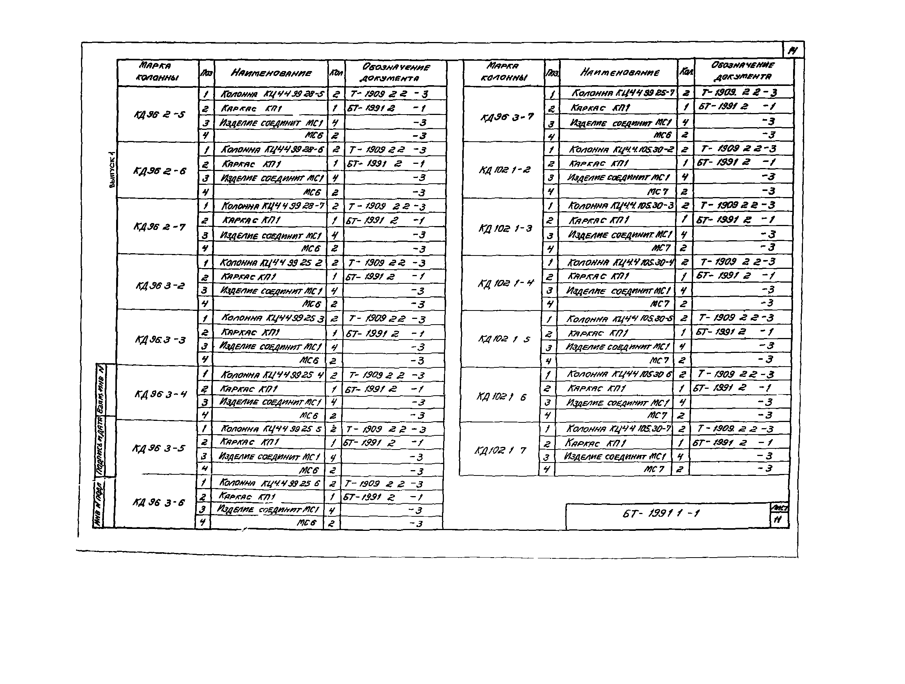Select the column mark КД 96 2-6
[159, 171]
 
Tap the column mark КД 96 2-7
[159, 226]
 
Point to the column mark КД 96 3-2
[160, 286]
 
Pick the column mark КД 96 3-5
[158, 448]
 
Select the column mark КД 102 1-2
[505, 169]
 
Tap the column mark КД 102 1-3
[505, 228]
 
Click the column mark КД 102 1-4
[505, 283]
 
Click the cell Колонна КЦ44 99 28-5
[272, 94]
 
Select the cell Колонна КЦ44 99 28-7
[272, 206]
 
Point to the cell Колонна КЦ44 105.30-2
[621, 149]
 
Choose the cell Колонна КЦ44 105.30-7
[618, 429]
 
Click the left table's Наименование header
[271, 73]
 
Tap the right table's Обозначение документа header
[742, 71]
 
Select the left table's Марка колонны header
[157, 71]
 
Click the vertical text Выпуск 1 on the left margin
[112, 170]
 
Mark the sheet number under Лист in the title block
[778, 519]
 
